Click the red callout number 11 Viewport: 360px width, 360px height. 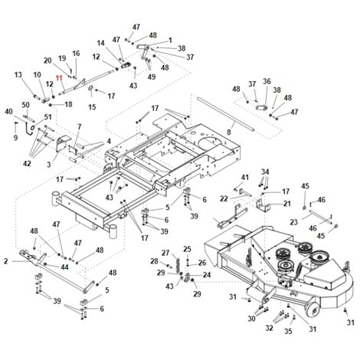(x=59, y=78)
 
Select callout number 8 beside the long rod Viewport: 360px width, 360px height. (x=229, y=132)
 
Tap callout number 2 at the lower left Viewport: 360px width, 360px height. (x=6, y=261)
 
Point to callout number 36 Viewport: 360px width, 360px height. (x=267, y=81)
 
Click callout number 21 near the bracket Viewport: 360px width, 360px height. (x=287, y=204)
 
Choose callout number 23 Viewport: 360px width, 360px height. (x=294, y=222)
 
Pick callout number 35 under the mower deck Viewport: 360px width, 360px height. (x=288, y=331)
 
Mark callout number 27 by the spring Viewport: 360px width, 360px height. (x=165, y=253)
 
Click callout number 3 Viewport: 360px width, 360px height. (x=49, y=165)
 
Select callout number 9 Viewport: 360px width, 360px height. (x=15, y=138)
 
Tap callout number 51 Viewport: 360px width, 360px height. (x=48, y=117)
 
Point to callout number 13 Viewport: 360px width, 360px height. (x=18, y=75)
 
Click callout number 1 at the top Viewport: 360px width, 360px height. (x=170, y=40)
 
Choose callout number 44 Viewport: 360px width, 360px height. (x=64, y=267)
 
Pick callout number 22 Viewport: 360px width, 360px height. (x=224, y=198)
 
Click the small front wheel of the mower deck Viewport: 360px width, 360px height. (x=314, y=309)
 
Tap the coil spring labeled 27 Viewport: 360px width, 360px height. (x=177, y=263)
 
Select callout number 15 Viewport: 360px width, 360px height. (x=92, y=106)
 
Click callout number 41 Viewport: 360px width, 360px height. (x=245, y=177)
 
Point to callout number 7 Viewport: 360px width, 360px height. (x=80, y=126)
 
